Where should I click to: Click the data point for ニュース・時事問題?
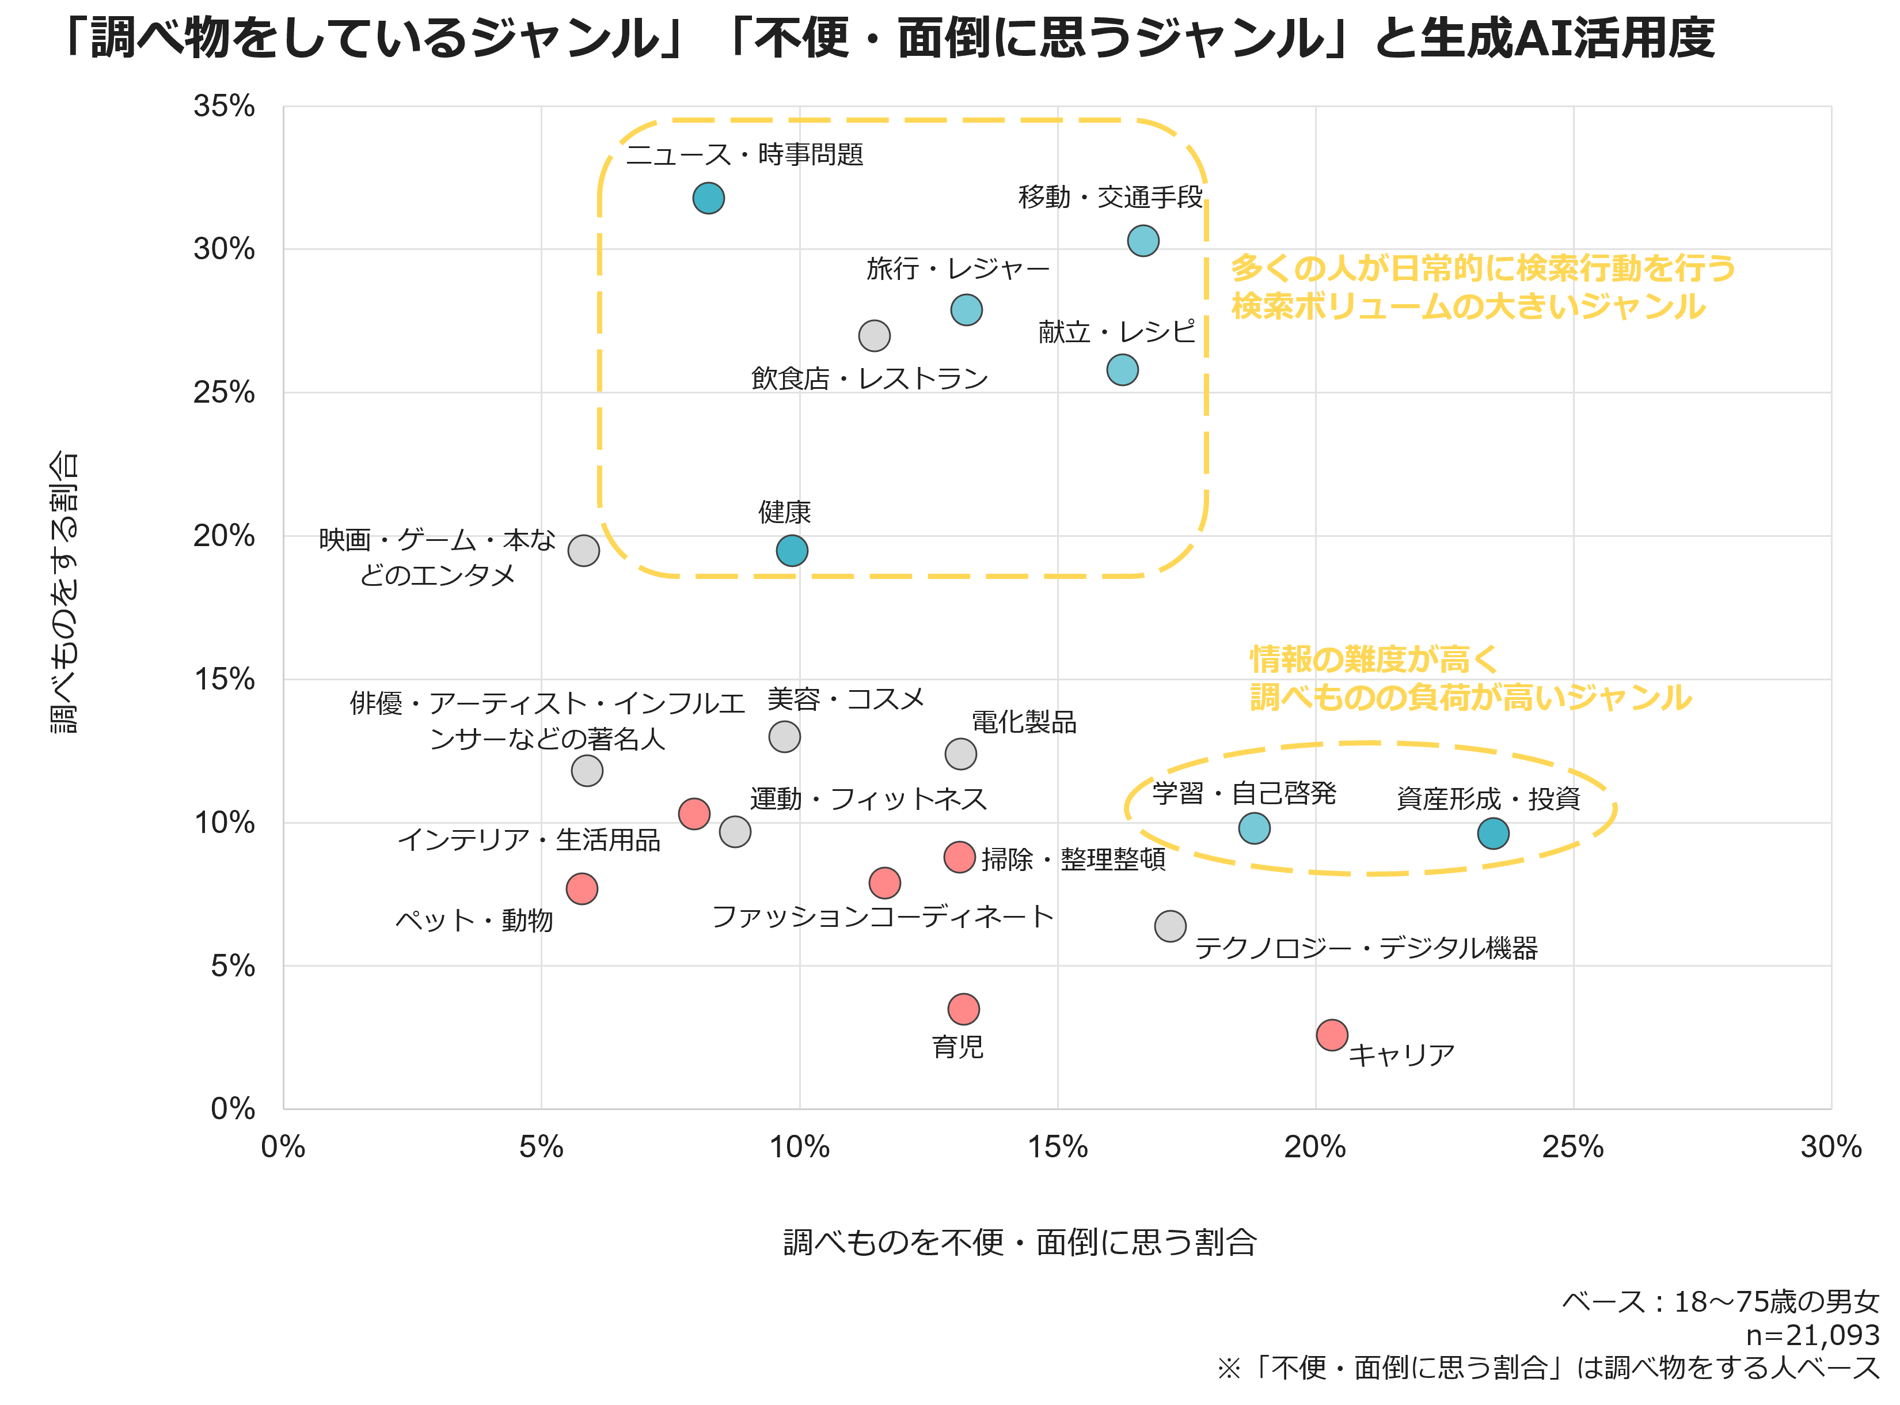click(x=708, y=198)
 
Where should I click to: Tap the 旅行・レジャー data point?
click(x=966, y=309)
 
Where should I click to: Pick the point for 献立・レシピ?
click(x=1122, y=370)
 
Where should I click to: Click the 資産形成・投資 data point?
click(x=1493, y=834)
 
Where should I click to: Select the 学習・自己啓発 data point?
click(x=1254, y=828)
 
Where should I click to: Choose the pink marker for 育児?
click(x=963, y=1009)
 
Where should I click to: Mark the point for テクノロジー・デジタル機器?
click(x=1170, y=926)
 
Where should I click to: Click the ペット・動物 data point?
click(x=582, y=889)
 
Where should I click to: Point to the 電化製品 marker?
click(x=960, y=753)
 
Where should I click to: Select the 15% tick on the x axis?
click(x=1058, y=1148)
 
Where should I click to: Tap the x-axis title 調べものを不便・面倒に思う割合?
click(x=1019, y=1243)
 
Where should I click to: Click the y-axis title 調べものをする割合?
click(x=64, y=592)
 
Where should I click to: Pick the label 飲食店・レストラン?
click(x=869, y=378)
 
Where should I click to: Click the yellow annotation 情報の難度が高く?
click(x=1373, y=659)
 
